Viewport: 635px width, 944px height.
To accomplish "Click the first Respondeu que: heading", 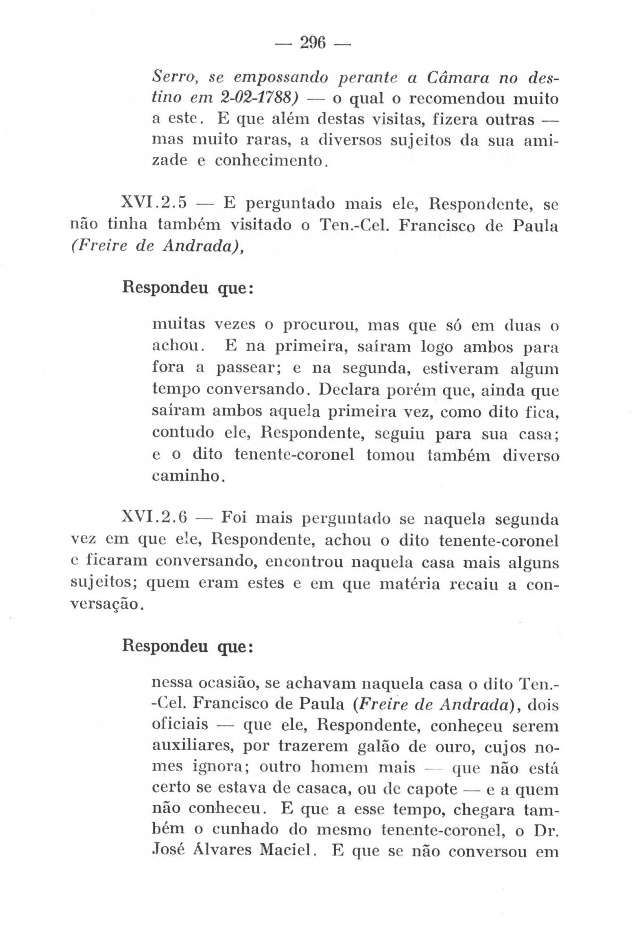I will tap(188, 287).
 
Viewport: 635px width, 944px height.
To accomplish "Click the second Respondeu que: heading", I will tap(188, 645).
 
